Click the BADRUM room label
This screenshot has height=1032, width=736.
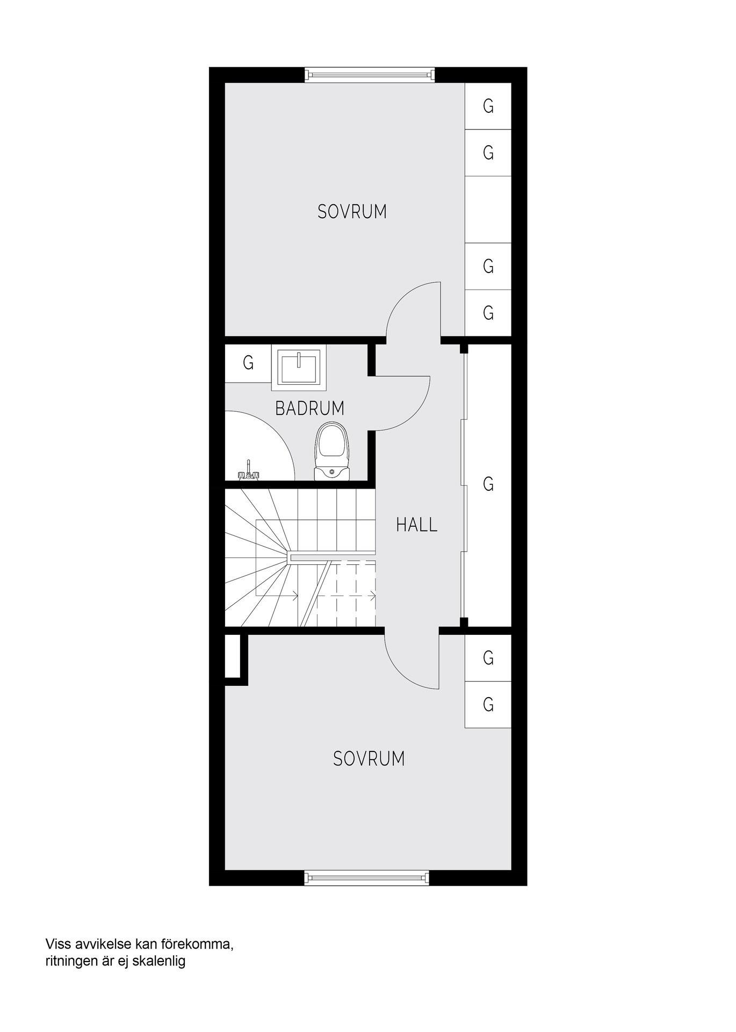click(x=309, y=408)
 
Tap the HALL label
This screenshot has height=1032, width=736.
click(x=417, y=525)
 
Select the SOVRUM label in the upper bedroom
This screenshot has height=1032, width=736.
click(x=352, y=212)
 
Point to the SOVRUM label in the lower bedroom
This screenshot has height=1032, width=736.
click(x=369, y=759)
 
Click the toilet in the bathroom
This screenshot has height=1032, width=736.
click(x=333, y=450)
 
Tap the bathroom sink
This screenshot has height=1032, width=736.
click(x=298, y=368)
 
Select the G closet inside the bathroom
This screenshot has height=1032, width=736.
click(x=248, y=363)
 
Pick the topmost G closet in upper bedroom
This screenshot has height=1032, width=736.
click(x=488, y=106)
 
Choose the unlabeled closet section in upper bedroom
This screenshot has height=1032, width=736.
click(x=488, y=210)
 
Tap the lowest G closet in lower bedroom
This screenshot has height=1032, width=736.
click(x=488, y=705)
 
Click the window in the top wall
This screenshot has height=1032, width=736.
click(x=369, y=75)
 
